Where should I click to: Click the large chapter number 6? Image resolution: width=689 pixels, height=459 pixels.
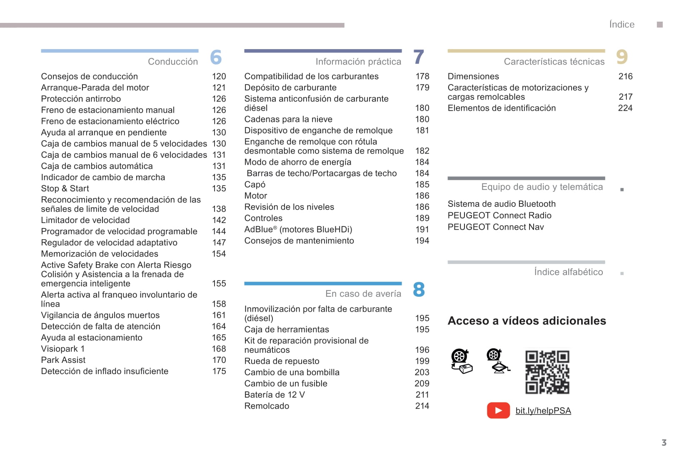click(216, 57)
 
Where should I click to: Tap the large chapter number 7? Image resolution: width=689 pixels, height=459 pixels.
click(419, 57)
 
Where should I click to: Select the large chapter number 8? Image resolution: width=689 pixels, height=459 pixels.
click(419, 290)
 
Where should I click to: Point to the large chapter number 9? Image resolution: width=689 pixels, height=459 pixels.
click(622, 57)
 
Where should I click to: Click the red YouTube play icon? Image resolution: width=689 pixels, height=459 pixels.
click(498, 410)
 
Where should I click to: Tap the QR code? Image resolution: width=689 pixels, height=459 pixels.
click(547, 372)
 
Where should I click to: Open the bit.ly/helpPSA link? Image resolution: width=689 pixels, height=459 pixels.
click(543, 411)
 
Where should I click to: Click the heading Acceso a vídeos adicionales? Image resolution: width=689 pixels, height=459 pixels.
click(527, 321)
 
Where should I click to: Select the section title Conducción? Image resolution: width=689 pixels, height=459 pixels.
click(173, 62)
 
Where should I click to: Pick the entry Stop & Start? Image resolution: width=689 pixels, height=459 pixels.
click(65, 189)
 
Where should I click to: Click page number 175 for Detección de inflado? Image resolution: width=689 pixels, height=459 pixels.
click(219, 371)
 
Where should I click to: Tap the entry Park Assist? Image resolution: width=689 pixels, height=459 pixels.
click(63, 360)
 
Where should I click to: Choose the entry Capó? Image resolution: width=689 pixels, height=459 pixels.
click(255, 184)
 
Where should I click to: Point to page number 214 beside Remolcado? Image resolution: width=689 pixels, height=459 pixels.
click(422, 406)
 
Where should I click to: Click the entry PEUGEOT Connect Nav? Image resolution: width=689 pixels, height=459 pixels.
click(496, 227)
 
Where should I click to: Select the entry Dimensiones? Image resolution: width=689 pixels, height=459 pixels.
click(473, 76)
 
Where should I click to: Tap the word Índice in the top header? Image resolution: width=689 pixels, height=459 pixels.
click(622, 25)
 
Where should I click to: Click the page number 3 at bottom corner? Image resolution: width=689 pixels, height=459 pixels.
click(664, 442)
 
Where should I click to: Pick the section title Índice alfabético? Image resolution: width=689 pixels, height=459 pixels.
click(568, 272)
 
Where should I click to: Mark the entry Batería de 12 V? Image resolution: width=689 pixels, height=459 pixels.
click(275, 394)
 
